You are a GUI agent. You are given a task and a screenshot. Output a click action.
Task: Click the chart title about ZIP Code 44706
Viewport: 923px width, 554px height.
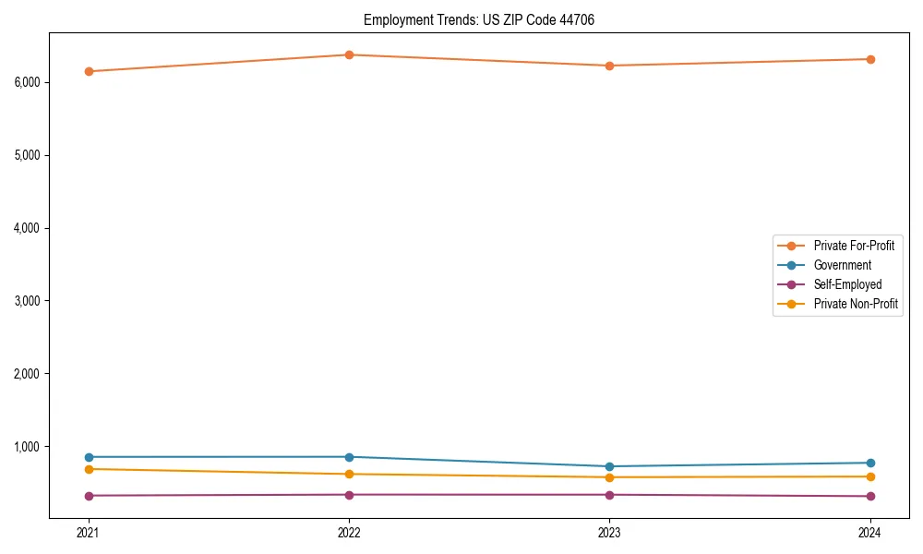[485, 19]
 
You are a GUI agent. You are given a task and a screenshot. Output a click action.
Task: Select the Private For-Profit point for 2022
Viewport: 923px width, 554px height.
[349, 54]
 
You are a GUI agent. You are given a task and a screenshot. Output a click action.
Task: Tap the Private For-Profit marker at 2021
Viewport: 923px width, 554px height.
[89, 71]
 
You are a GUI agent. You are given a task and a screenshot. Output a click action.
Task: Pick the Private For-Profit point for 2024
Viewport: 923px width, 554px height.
[870, 59]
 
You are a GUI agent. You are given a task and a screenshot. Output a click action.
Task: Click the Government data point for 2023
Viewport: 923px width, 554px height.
[610, 466]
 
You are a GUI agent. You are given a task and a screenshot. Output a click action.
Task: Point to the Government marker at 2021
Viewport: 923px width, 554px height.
[89, 457]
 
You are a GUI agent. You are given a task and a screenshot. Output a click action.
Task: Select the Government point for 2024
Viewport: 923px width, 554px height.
[870, 463]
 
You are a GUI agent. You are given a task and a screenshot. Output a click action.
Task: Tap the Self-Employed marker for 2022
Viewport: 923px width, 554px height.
[349, 495]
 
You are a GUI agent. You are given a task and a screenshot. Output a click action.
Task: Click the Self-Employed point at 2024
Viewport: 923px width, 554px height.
[870, 497]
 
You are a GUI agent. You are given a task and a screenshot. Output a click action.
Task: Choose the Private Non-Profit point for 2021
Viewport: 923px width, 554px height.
[89, 469]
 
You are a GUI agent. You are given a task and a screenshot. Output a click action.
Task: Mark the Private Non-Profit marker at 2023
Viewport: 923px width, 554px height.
[610, 477]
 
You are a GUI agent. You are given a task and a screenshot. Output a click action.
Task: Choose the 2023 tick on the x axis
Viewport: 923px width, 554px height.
[610, 533]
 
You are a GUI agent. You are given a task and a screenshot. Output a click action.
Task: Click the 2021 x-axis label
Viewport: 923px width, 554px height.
[89, 533]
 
